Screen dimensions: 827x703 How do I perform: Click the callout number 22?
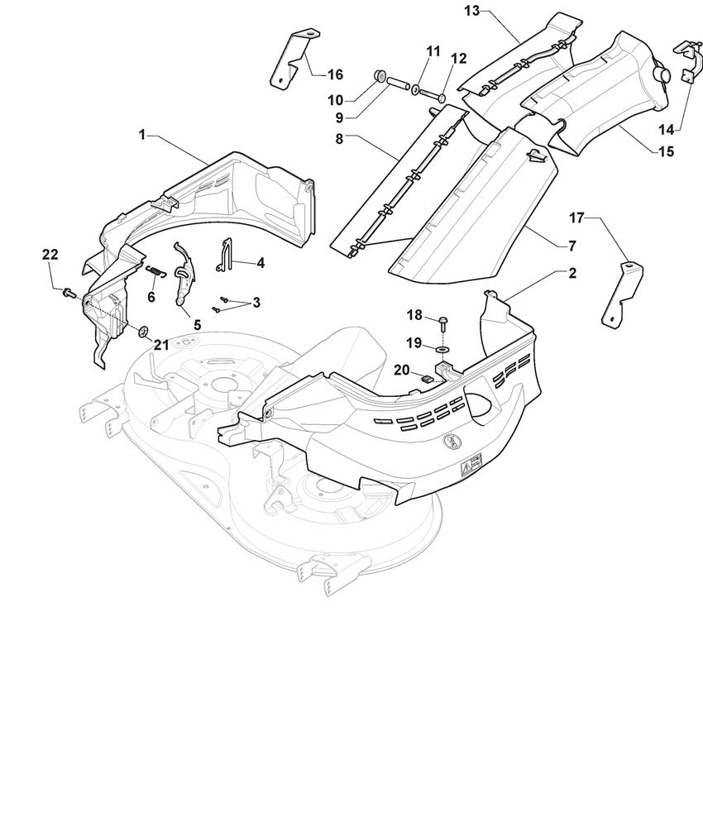point(50,255)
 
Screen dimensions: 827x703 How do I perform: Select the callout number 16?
point(334,74)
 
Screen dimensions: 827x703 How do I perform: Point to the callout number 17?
point(576,218)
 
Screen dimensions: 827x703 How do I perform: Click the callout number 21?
point(160,345)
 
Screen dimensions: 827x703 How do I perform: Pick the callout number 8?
point(339,140)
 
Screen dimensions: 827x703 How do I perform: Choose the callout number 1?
point(141,134)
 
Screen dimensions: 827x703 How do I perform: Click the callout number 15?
point(666,151)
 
